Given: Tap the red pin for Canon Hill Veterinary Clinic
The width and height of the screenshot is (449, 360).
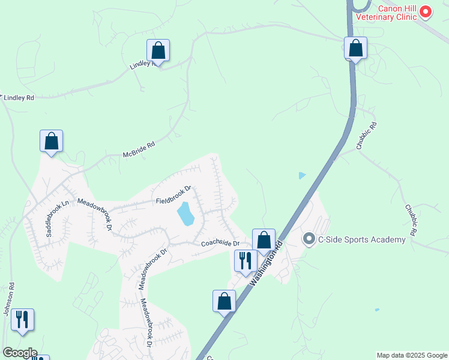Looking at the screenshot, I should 426,11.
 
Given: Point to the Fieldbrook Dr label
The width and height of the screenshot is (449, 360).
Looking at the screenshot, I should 173,195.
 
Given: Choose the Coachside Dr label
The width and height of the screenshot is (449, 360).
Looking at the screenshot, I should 220,243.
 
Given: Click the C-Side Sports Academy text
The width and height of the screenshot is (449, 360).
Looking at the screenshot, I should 361,240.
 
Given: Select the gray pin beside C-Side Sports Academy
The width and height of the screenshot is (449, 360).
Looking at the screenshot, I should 309,239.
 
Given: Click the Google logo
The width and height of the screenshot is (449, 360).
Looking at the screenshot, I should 19,353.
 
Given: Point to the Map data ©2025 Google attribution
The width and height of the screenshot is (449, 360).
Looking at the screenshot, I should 411,355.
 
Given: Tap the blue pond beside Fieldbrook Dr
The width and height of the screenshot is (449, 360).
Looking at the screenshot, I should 185,213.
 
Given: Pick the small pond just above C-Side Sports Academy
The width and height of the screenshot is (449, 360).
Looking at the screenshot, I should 302,176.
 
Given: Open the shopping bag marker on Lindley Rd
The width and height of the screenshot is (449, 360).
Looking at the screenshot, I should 158,50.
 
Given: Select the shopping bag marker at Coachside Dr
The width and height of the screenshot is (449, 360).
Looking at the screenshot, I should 264,240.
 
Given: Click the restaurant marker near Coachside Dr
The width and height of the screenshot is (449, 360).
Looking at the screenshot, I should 245,260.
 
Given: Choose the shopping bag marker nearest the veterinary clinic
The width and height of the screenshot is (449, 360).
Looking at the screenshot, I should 355,48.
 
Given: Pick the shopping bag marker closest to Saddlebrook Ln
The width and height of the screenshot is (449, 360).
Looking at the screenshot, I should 52,141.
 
